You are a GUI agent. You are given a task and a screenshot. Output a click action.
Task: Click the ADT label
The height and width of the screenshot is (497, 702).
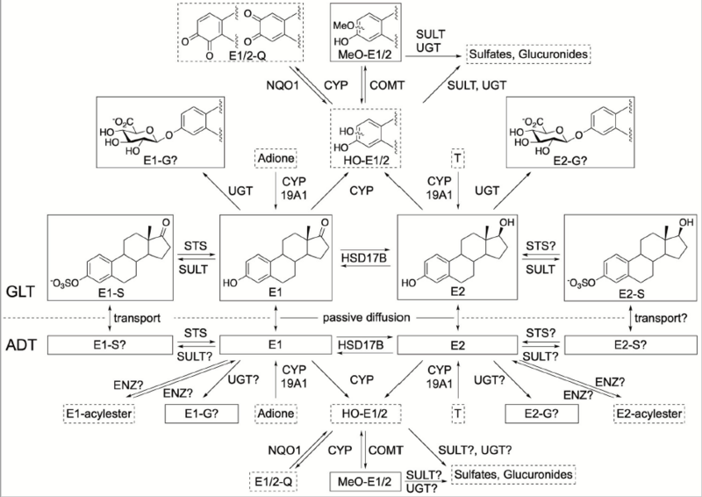[20, 338]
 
